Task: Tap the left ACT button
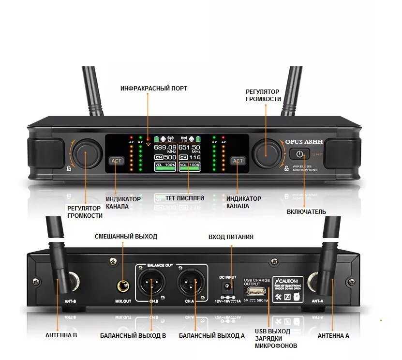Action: tap(117, 161)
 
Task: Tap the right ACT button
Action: tap(238, 161)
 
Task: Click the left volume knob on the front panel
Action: tap(87, 152)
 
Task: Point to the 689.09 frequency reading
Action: tap(165, 147)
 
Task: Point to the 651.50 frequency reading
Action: tap(189, 147)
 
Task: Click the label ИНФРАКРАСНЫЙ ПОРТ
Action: tap(154, 89)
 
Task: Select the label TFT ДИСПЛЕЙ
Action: tap(185, 198)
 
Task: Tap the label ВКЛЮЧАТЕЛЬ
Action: tap(306, 211)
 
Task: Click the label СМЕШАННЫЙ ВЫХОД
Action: tap(126, 237)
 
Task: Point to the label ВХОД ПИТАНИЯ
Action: tap(231, 237)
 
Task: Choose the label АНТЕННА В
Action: tap(61, 335)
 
